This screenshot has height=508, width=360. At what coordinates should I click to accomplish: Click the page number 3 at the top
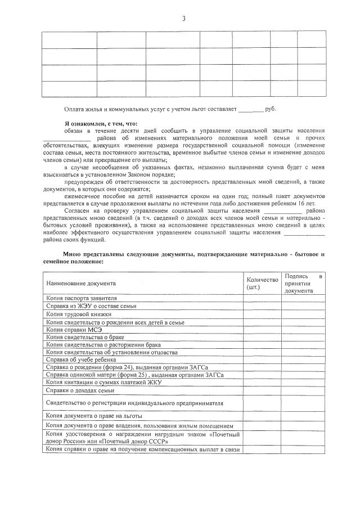click(183, 19)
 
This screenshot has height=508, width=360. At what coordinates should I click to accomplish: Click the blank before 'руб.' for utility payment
click(250, 109)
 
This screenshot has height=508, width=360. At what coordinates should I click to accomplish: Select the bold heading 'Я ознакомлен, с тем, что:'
click(101, 124)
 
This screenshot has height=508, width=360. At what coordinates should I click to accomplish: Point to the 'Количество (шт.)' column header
click(262, 284)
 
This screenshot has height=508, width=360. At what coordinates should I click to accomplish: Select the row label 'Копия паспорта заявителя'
click(82, 298)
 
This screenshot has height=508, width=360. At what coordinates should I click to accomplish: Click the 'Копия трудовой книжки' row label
click(79, 314)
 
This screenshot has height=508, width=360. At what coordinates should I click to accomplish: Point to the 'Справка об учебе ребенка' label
click(81, 359)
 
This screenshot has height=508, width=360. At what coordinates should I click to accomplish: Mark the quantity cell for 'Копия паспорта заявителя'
click(262, 298)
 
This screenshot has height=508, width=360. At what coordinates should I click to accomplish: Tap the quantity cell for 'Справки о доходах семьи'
click(262, 390)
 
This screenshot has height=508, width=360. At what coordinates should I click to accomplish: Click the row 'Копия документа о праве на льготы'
click(93, 416)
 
